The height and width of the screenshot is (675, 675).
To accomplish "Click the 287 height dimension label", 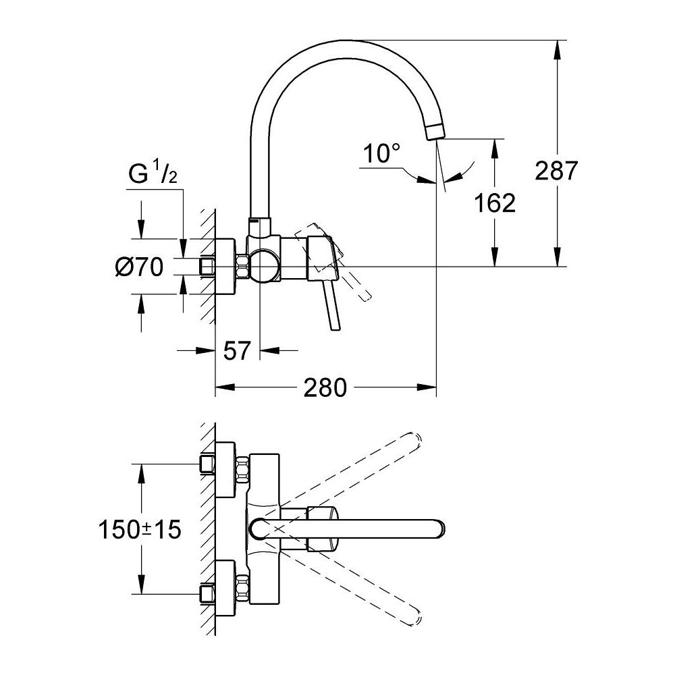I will [x=557, y=171].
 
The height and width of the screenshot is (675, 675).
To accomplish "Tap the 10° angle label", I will [x=379, y=154].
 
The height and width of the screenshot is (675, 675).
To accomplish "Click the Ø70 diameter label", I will [x=140, y=268].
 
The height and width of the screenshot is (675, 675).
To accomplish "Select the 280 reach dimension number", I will [x=325, y=387].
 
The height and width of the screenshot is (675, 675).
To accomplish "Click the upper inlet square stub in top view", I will [x=207, y=464].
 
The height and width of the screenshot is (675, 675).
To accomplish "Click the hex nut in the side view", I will [x=240, y=267].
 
